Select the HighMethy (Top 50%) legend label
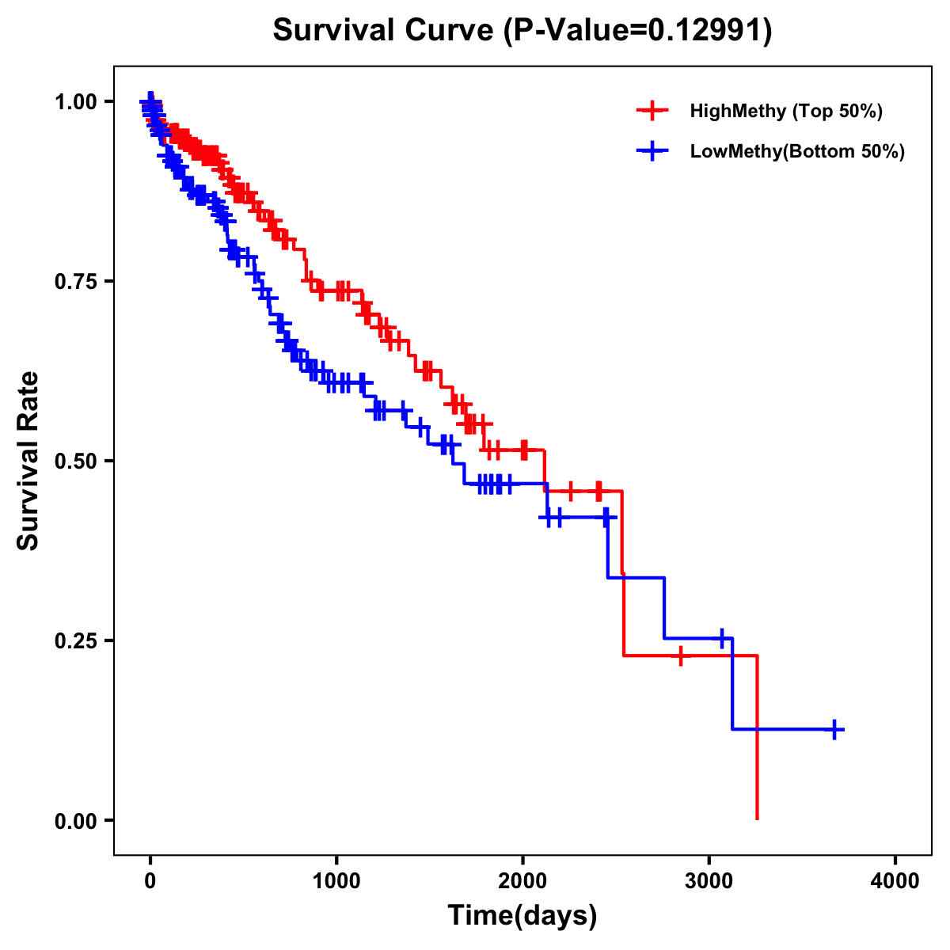[x=786, y=111]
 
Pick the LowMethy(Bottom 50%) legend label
[x=797, y=151]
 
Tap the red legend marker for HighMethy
[x=652, y=111]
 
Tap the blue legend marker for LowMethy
[x=652, y=151]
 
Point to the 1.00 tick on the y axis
[x=74, y=101]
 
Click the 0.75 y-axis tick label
[x=74, y=281]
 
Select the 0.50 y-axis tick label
[x=74, y=461]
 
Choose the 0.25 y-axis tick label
[x=74, y=640]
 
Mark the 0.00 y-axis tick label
[x=74, y=820]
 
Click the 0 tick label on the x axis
[x=150, y=881]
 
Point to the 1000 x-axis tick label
[x=336, y=881]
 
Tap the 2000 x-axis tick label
[x=522, y=881]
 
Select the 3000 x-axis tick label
[x=709, y=881]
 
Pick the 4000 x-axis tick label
[x=895, y=881]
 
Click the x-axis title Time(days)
[x=522, y=916]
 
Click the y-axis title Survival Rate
[x=28, y=461]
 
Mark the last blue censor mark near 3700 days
[x=834, y=729]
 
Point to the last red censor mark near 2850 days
[x=680, y=655]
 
